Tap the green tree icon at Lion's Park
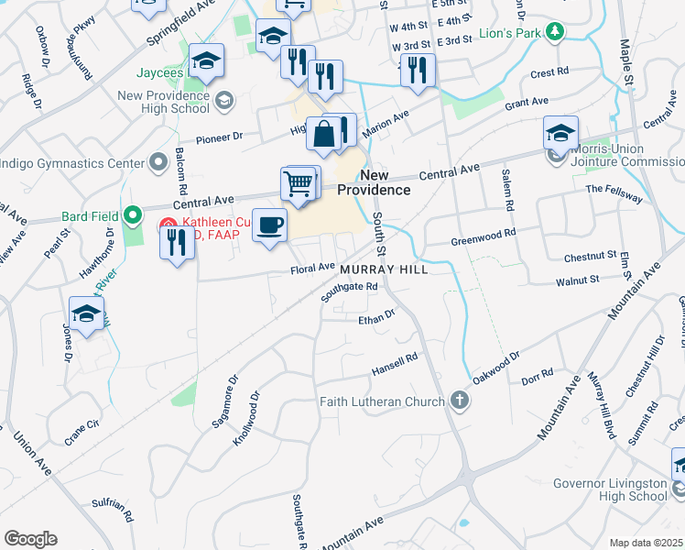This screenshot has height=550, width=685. pos(554,34)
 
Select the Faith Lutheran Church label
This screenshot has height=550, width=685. pos(381,401)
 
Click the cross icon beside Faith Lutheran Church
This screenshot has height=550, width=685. pos(460,401)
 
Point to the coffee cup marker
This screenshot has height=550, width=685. pos(269,225)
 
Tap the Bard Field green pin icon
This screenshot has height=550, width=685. pos(134,217)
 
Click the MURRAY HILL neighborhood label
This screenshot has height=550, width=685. pos(384,270)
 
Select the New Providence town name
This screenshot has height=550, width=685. pos(373,182)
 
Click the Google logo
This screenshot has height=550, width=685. pos(30,539)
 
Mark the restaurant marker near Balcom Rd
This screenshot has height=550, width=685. pos(177,242)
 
